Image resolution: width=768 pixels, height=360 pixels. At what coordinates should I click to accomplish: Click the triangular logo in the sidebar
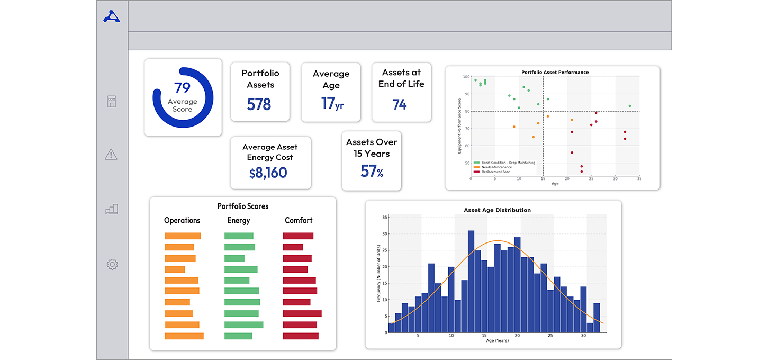pos(112,16)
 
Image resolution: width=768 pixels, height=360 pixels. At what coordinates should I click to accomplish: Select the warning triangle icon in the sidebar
pos(111,155)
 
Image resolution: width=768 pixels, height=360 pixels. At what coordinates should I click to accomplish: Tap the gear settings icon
pos(112,264)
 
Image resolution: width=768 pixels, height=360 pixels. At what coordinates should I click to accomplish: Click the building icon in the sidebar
pos(111,102)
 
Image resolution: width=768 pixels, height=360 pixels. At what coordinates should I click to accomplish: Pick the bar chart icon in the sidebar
pos(111,210)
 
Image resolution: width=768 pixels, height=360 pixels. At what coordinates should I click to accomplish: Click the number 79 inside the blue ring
pos(183,87)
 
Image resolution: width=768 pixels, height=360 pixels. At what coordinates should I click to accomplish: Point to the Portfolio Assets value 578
pos(259,104)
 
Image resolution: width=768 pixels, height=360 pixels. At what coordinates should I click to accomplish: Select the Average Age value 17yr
pos(332,103)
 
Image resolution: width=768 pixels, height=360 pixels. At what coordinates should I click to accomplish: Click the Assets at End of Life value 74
pos(400,105)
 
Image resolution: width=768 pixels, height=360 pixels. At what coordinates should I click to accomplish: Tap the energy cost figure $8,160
pos(268,173)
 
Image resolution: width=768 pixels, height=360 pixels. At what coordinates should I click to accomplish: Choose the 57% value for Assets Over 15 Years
pos(372,172)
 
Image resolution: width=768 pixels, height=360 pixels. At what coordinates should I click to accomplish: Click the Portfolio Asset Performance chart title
pos(555,73)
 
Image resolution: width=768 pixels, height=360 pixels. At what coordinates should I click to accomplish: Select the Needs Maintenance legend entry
pos(496,167)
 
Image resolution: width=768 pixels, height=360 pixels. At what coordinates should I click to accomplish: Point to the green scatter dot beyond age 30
pos(629,106)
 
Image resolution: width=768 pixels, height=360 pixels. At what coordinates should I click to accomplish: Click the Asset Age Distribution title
pos(497,210)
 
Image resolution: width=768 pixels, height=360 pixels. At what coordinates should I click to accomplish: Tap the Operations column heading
pos(182,221)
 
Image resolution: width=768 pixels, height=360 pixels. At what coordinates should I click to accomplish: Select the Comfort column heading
pos(299,221)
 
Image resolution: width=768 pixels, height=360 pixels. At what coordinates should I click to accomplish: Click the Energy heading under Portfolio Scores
pos(238,221)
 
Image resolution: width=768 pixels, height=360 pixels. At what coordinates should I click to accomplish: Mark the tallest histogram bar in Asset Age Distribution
pos(471,281)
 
